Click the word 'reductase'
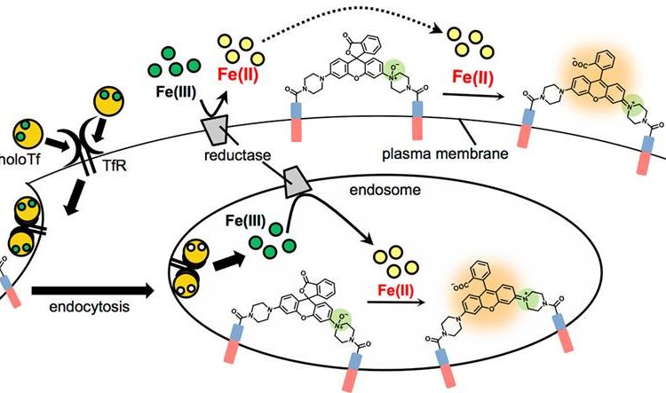pyautogui.click(x=237, y=155)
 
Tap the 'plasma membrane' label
pyautogui.click(x=445, y=153)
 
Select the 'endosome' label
pyautogui.click(x=385, y=190)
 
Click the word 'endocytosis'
pyautogui.click(x=89, y=306)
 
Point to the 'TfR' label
pyautogui.click(x=115, y=165)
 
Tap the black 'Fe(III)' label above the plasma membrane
pyautogui.click(x=176, y=92)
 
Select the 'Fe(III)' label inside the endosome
pyautogui.click(x=245, y=221)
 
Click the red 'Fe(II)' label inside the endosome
pyautogui.click(x=395, y=291)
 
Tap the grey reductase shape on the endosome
pyautogui.click(x=297, y=182)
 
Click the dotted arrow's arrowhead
pyautogui.click(x=435, y=29)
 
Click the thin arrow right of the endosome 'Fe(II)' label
pyautogui.click(x=396, y=303)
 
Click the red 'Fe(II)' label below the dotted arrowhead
pyautogui.click(x=472, y=77)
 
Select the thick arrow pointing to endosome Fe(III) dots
pyautogui.click(x=229, y=262)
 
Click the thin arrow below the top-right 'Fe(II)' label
pyautogui.click(x=474, y=96)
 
